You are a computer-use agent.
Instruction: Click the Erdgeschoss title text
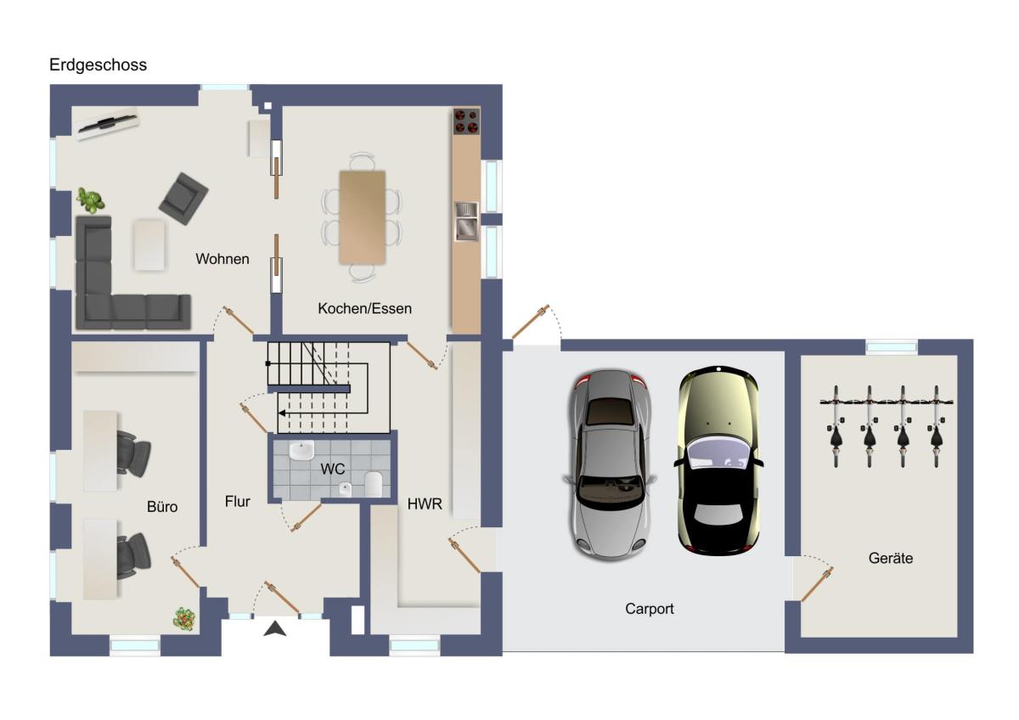[98, 65]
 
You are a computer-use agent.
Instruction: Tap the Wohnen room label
[222, 259]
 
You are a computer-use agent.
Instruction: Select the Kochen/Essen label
[364, 308]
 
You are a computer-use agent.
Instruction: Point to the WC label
[333, 469]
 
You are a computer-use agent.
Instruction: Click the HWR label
[425, 504]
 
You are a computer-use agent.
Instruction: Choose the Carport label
[649, 609]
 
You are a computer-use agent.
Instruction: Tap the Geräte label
[890, 558]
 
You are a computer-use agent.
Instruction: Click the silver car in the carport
[610, 464]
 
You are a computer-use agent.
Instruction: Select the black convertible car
[718, 460]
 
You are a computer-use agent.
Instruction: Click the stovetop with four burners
[466, 121]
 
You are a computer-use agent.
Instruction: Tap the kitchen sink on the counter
[466, 221]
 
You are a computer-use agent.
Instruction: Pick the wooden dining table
[363, 217]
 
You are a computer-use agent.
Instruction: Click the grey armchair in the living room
[183, 199]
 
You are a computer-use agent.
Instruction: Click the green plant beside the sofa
[90, 200]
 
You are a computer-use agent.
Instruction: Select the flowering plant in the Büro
[184, 618]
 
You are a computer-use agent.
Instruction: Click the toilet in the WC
[373, 484]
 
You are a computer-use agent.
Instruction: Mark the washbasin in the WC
[301, 450]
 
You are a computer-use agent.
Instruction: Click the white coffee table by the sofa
[149, 245]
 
